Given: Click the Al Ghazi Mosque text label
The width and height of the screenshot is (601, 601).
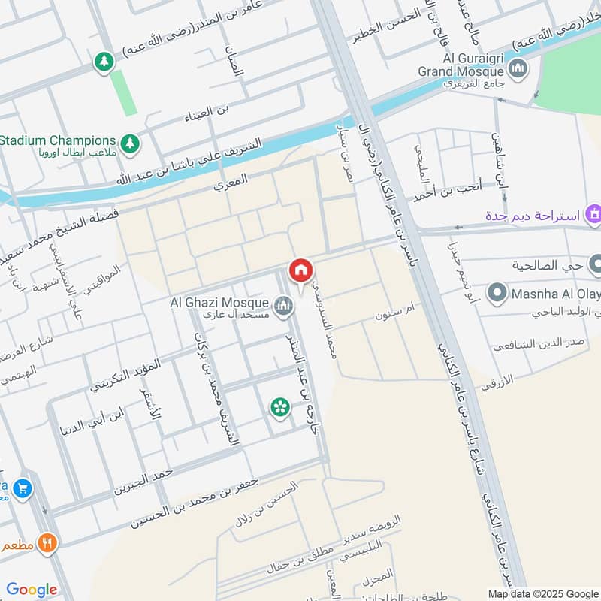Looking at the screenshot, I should [x=219, y=302].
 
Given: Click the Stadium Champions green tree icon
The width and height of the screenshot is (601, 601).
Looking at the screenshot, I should [x=131, y=142].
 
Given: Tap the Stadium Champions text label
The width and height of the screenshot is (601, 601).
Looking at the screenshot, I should [x=59, y=140].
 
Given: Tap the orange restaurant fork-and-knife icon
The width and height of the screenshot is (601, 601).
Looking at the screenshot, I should [x=47, y=542].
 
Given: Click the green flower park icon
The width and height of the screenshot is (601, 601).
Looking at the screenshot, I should [x=279, y=407].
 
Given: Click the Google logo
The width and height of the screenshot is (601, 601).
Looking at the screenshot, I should [x=32, y=590].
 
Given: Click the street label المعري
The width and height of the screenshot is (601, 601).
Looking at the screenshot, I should [x=230, y=183].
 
